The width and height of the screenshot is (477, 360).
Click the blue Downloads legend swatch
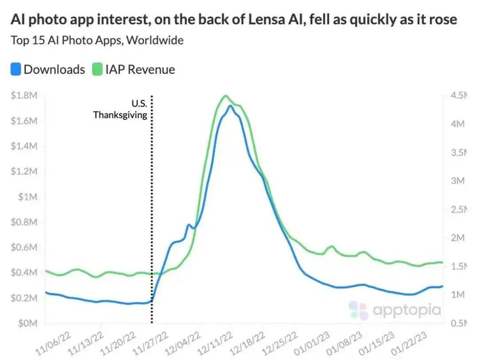pyautogui.click(x=16, y=69)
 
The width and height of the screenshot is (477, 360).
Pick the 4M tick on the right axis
pyautogui.click(x=457, y=125)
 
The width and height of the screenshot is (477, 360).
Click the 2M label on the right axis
pyautogui.click(x=457, y=238)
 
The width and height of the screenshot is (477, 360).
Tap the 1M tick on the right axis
pyautogui.click(x=457, y=295)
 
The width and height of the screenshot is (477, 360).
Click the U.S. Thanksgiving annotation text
pyautogui.click(x=121, y=109)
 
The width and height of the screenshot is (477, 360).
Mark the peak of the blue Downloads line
pyautogui.click(x=231, y=106)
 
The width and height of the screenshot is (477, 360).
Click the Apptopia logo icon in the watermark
pyautogui.click(x=358, y=310)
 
